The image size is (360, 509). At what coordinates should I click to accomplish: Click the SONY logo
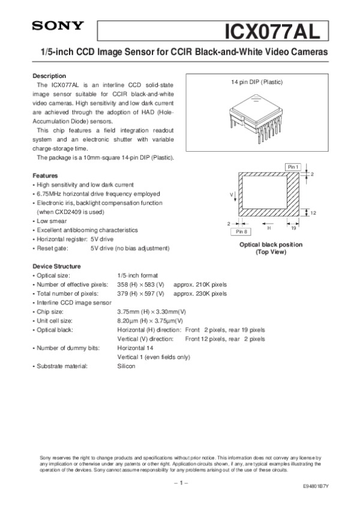click(58, 26)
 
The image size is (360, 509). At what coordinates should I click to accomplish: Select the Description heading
click(49, 76)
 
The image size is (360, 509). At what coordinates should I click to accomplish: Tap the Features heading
click(44, 176)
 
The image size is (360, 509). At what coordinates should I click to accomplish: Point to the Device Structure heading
click(56, 266)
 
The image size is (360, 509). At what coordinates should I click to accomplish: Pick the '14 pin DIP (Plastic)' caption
click(257, 82)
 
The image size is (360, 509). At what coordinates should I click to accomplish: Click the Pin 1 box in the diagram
click(292, 166)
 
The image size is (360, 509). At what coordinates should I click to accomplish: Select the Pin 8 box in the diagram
click(242, 231)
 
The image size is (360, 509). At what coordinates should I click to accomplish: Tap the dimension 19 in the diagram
click(293, 228)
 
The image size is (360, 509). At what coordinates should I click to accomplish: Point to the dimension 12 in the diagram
click(313, 213)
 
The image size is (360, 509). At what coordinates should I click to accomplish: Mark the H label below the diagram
click(269, 228)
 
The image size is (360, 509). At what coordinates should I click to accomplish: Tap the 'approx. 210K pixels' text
click(200, 284)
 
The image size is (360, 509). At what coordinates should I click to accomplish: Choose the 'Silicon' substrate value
click(127, 366)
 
